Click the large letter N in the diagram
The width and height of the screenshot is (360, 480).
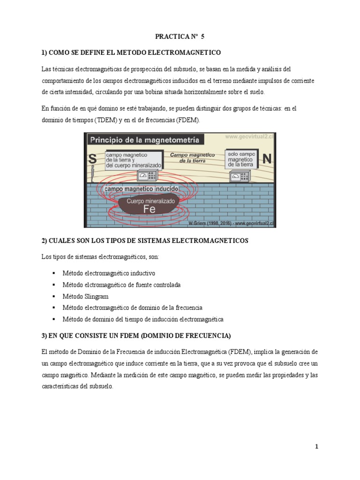point(267,159)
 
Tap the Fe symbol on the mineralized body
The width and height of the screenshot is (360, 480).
point(149,210)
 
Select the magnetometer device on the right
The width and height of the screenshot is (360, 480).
point(240,176)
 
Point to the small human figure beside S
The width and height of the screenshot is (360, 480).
point(93,174)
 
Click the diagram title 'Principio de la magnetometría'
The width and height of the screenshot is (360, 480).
point(144,140)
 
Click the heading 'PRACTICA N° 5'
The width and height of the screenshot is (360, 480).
point(180,36)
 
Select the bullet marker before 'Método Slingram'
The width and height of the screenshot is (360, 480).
point(54,296)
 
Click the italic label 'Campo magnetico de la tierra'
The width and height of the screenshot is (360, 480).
point(192,157)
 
